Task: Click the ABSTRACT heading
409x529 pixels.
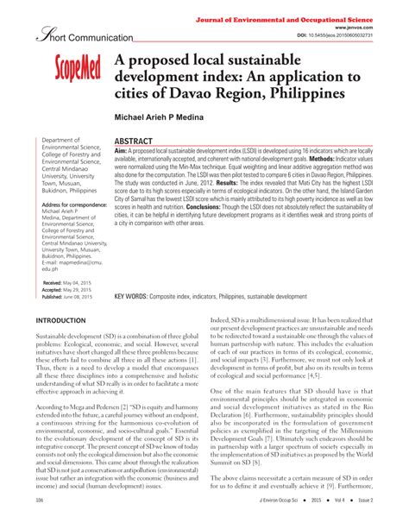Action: pos(134,141)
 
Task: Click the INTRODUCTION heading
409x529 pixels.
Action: pos(66,321)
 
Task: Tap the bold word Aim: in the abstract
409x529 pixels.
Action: pos(121,151)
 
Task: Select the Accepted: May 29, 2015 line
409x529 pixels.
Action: pos(66,290)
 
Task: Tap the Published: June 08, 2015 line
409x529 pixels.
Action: pos(67,297)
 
